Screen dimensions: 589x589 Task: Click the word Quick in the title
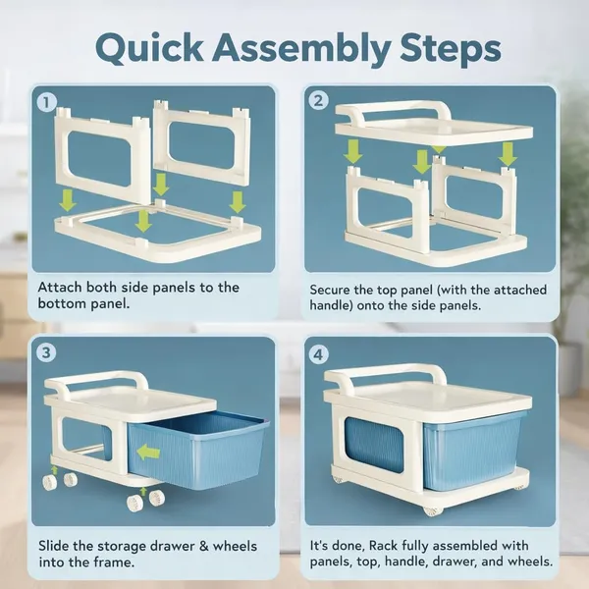pyautogui.click(x=150, y=48)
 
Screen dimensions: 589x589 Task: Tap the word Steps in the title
pyautogui.click(x=450, y=50)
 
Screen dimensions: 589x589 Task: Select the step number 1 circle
pyautogui.click(x=47, y=102)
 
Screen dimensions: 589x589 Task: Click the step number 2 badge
pyautogui.click(x=318, y=101)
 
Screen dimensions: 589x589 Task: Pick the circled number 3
pyautogui.click(x=46, y=352)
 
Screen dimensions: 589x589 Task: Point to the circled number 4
pyautogui.click(x=318, y=354)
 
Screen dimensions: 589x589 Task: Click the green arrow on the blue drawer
pyautogui.click(x=148, y=453)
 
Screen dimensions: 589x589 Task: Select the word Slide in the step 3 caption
pyautogui.click(x=54, y=546)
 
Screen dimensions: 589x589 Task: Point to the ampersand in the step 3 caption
pyautogui.click(x=204, y=546)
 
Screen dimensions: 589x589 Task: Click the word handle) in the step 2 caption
pyautogui.click(x=332, y=305)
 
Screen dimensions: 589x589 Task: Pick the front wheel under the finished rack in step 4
pyautogui.click(x=433, y=510)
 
